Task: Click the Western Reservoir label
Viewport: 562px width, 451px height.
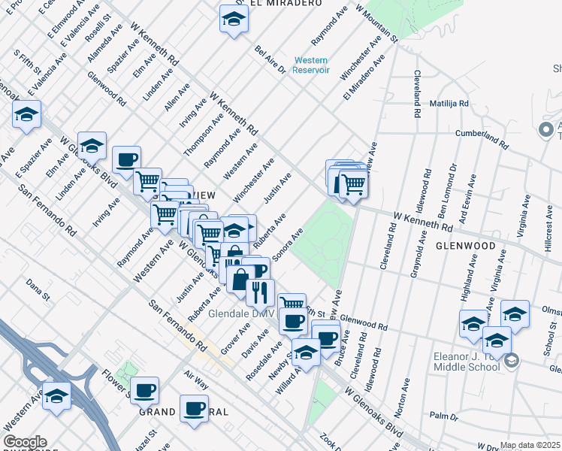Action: pyautogui.click(x=312, y=65)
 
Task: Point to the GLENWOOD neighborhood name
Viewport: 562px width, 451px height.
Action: pyautogui.click(x=465, y=246)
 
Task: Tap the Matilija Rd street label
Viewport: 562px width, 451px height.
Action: pyautogui.click(x=449, y=103)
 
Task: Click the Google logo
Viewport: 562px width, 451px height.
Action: pyautogui.click(x=24, y=442)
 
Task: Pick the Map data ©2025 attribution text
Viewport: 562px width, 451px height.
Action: pyautogui.click(x=530, y=445)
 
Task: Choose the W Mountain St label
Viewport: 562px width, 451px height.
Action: pyautogui.click(x=376, y=23)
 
